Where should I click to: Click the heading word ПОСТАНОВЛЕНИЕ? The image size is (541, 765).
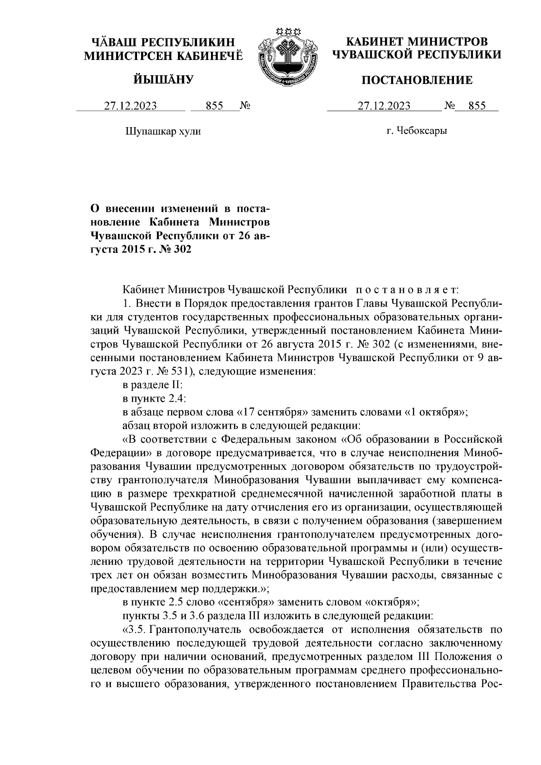417,80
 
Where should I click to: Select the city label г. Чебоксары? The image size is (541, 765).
417,131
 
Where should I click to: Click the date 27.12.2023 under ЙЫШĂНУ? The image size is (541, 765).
131,106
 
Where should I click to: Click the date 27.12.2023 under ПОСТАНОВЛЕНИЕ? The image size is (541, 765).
384,106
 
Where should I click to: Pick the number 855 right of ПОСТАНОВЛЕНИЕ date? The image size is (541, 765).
477,106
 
